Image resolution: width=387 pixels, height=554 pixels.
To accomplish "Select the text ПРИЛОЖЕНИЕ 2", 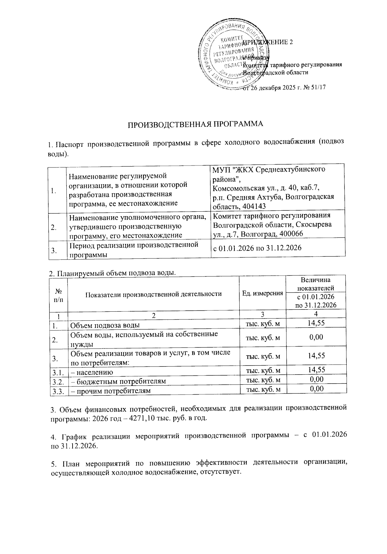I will tap(268, 43).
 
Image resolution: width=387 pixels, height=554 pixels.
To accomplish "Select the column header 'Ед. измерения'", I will tap(263, 293).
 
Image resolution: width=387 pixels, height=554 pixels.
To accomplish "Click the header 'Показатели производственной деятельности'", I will tap(154, 294).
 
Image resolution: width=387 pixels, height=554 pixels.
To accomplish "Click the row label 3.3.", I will tap(57, 391).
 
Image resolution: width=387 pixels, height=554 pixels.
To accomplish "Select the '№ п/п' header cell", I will tap(58, 294).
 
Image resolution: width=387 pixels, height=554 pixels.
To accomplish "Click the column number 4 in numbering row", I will tap(316, 314).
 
